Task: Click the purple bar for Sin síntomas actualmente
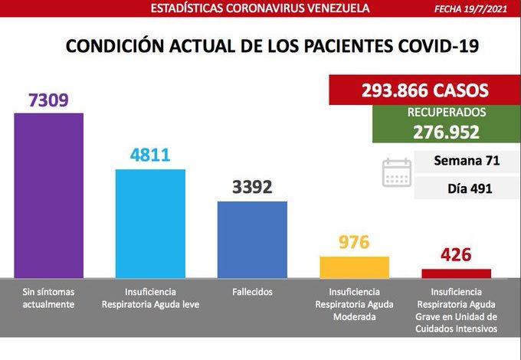tap(48, 195)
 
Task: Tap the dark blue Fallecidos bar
tap(252, 238)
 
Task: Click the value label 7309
tap(48, 100)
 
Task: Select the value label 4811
tap(150, 155)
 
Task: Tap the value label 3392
tap(252, 187)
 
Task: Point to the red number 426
tap(456, 254)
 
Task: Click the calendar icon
tap(397, 172)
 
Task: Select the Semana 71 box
tap(467, 161)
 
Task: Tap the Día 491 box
tap(467, 188)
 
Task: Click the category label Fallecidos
tap(252, 292)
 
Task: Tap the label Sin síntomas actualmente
tap(48, 298)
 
